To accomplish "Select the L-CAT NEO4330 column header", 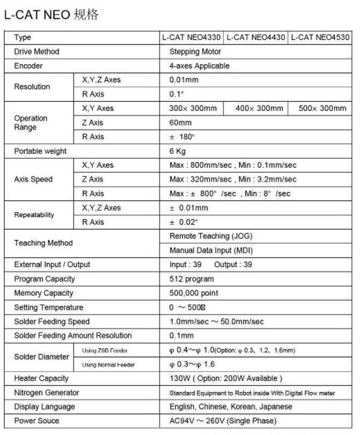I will (191, 38).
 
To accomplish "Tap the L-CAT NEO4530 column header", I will (320, 38).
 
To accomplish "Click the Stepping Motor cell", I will (195, 52).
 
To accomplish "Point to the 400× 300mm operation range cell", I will (259, 108).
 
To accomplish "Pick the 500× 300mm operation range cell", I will (322, 108).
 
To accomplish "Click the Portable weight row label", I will (40, 151).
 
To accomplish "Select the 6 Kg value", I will (178, 151).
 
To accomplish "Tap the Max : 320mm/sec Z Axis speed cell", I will (233, 180).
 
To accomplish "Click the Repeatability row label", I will (34, 215).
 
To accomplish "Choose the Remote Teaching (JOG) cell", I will (211, 236).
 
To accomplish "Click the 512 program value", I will (192, 279).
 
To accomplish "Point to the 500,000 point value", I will (194, 293).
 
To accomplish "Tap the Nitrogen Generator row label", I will (46, 393).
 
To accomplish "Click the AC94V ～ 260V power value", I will (223, 422).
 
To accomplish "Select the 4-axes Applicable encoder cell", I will (199, 66).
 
